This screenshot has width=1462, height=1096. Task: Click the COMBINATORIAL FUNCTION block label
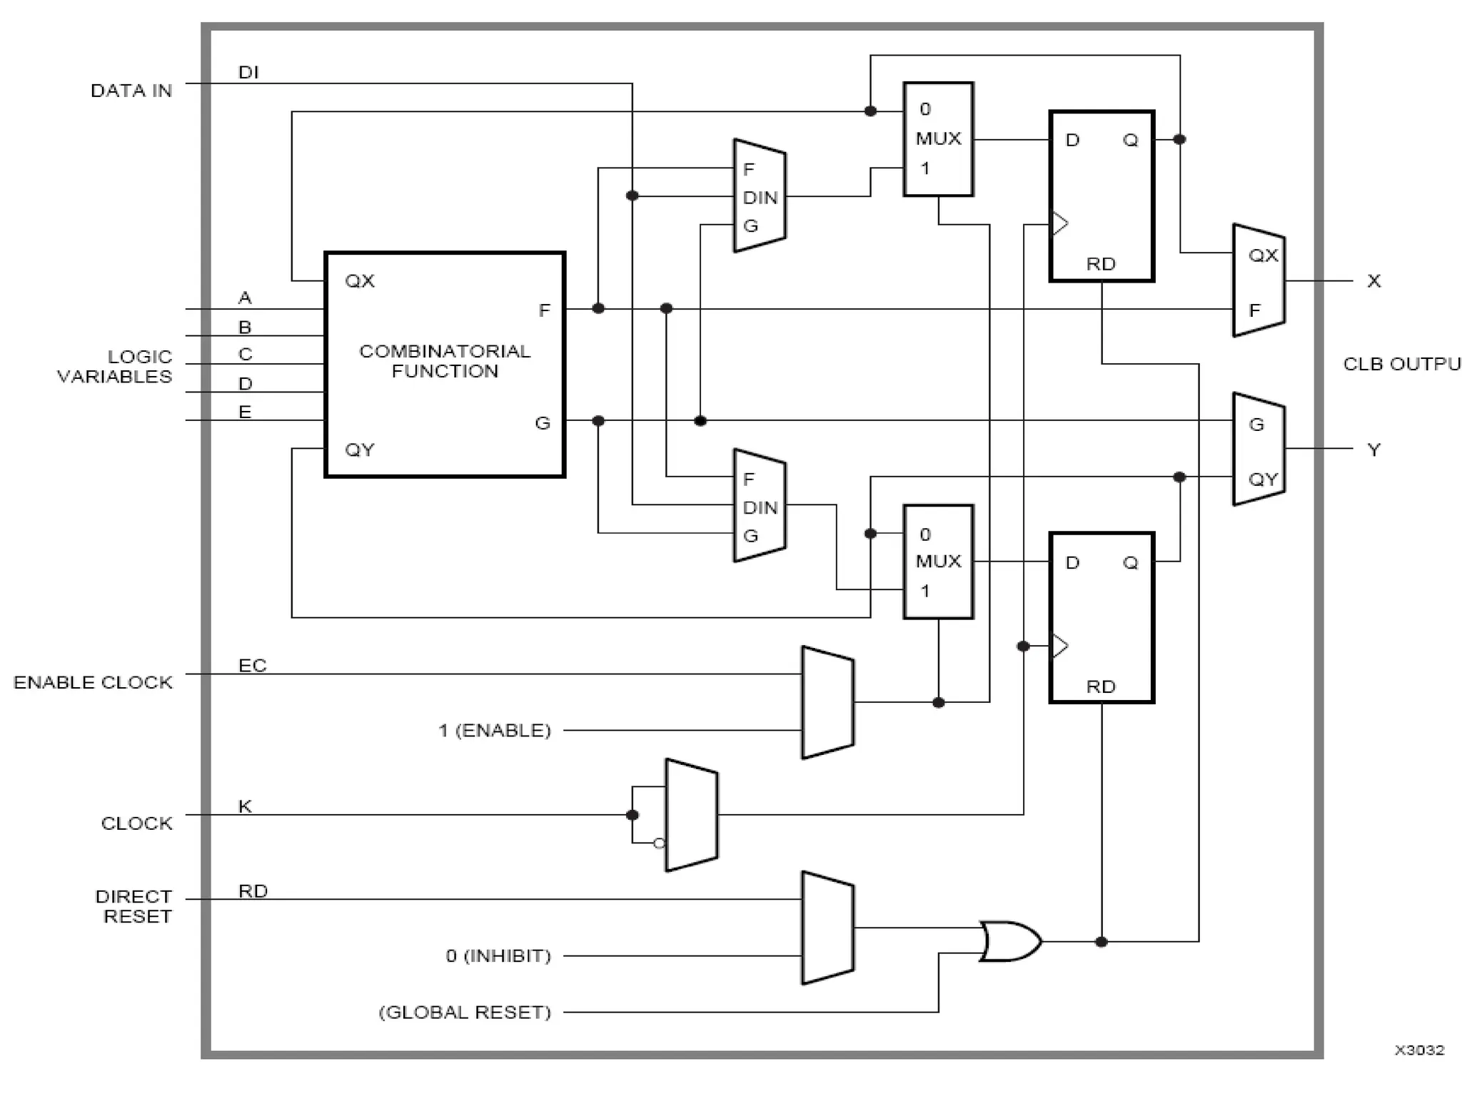coord(445,361)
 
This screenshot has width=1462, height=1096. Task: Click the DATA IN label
coord(131,91)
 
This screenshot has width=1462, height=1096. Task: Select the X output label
coord(1373,281)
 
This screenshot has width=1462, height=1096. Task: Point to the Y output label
coord(1373,450)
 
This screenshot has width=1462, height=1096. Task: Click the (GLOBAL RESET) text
coord(465,1012)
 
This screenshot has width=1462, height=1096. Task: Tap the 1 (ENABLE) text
coord(495,731)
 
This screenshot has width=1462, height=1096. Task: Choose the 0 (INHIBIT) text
coord(498,955)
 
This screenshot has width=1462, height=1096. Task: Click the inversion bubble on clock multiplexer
coord(659,843)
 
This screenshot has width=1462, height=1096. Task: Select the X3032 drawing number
coord(1419,1050)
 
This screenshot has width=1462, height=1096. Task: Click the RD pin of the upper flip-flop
coord(1101,264)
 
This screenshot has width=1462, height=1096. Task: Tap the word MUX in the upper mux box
coord(938,138)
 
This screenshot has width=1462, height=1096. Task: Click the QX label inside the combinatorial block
coord(360,281)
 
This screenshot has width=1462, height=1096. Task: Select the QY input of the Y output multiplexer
coord(1262,479)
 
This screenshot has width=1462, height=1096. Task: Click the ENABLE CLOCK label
coord(93,682)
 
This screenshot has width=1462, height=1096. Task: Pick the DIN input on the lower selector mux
coord(760,507)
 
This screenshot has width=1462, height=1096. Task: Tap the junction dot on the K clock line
coord(632,815)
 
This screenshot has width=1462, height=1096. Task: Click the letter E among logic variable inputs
coord(245,412)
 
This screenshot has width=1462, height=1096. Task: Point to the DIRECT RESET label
coord(134,906)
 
